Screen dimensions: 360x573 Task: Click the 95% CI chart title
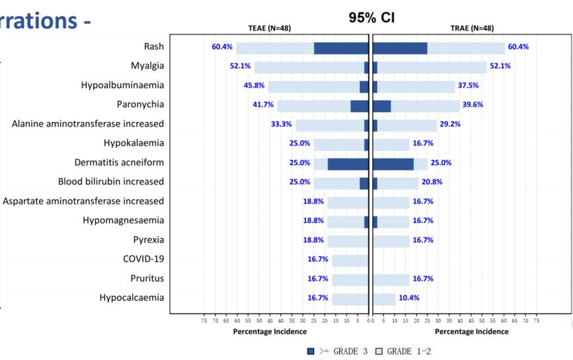click(x=371, y=18)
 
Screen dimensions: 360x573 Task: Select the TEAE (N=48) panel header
click(x=270, y=29)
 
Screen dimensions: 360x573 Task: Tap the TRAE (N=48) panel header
click(x=472, y=29)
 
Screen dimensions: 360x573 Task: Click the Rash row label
click(x=154, y=47)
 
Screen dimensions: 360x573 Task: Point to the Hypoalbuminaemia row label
click(x=122, y=86)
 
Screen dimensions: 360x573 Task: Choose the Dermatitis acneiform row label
click(x=119, y=163)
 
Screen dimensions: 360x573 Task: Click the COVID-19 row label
click(x=143, y=259)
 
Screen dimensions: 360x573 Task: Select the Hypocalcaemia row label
click(x=132, y=298)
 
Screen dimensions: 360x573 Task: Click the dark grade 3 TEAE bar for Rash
click(x=341, y=48)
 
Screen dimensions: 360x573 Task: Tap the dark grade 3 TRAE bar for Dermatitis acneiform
click(x=393, y=164)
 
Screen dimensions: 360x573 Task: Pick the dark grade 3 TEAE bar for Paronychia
click(x=359, y=106)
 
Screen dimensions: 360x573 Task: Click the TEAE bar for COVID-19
click(x=350, y=260)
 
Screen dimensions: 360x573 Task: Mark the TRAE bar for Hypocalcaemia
click(x=384, y=299)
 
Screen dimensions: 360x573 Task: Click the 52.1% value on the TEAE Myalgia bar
click(x=240, y=66)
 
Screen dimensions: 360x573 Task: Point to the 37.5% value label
click(x=468, y=86)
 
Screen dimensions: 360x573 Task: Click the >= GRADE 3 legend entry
click(x=337, y=351)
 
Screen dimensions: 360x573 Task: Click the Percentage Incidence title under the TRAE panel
click(x=472, y=331)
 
